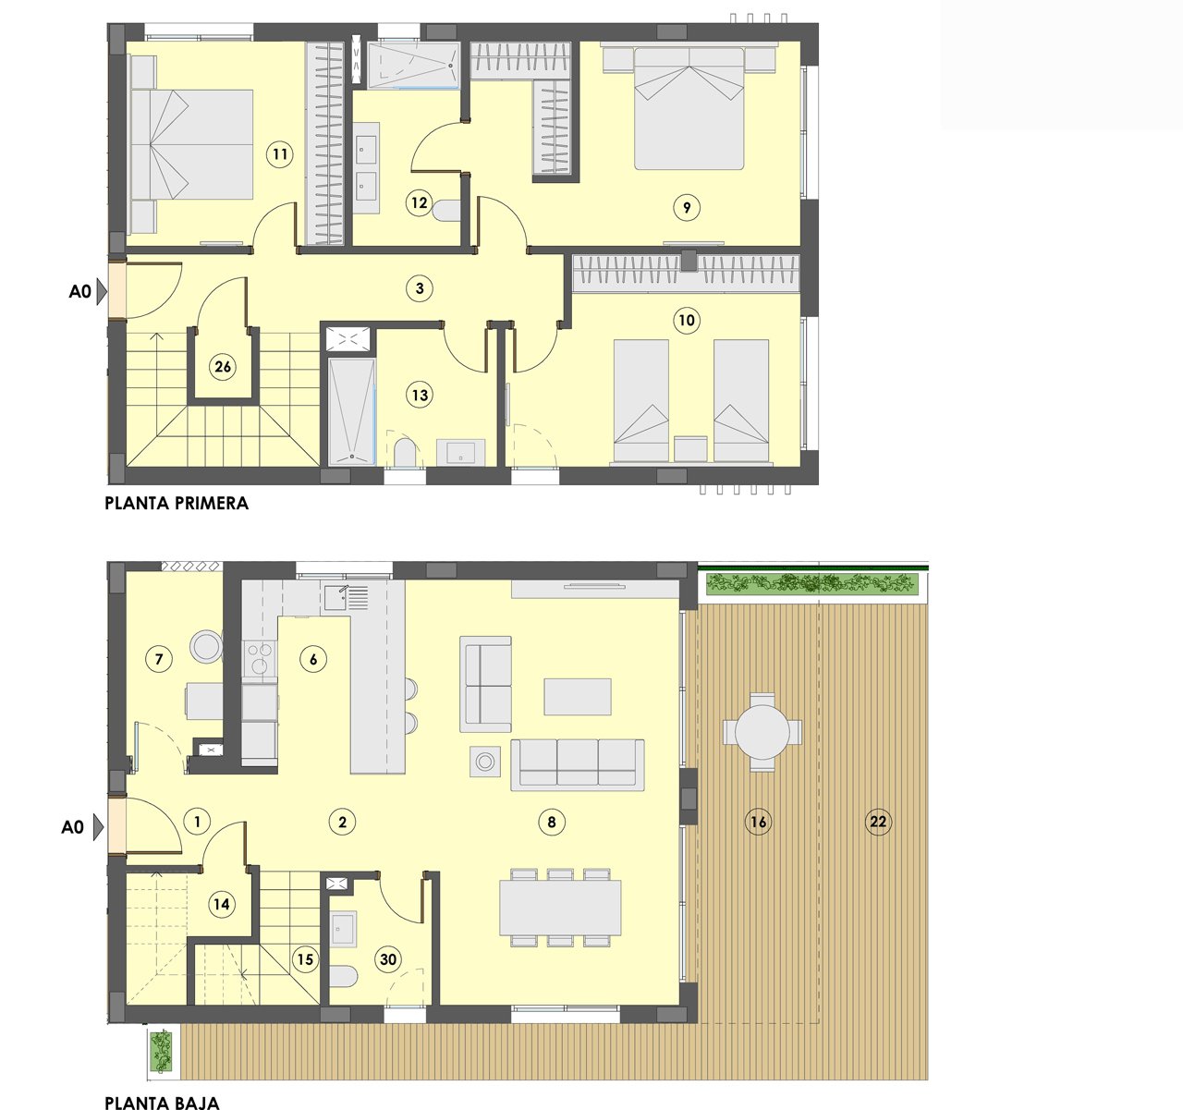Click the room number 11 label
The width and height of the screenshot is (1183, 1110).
(279, 154)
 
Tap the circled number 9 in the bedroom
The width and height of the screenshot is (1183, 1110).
(687, 208)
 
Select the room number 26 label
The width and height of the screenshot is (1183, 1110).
(223, 367)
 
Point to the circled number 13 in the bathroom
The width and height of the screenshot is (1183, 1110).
(420, 396)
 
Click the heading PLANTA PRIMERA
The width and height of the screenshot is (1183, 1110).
(177, 504)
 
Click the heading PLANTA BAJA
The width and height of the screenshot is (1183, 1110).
(162, 1102)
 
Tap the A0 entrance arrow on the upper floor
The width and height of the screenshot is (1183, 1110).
(102, 291)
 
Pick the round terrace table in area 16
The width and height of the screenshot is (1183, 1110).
(762, 732)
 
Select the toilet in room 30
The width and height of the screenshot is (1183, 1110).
(344, 977)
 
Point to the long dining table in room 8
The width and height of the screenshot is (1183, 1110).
(560, 907)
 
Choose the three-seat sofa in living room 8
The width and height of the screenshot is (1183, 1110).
(578, 763)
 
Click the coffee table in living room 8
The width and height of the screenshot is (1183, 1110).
(578, 696)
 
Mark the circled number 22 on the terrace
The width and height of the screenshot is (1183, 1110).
(877, 822)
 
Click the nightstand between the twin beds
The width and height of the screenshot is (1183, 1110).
(690, 448)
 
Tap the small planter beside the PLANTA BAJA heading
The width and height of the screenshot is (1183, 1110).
(162, 1051)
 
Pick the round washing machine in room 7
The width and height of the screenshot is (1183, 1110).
(206, 645)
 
